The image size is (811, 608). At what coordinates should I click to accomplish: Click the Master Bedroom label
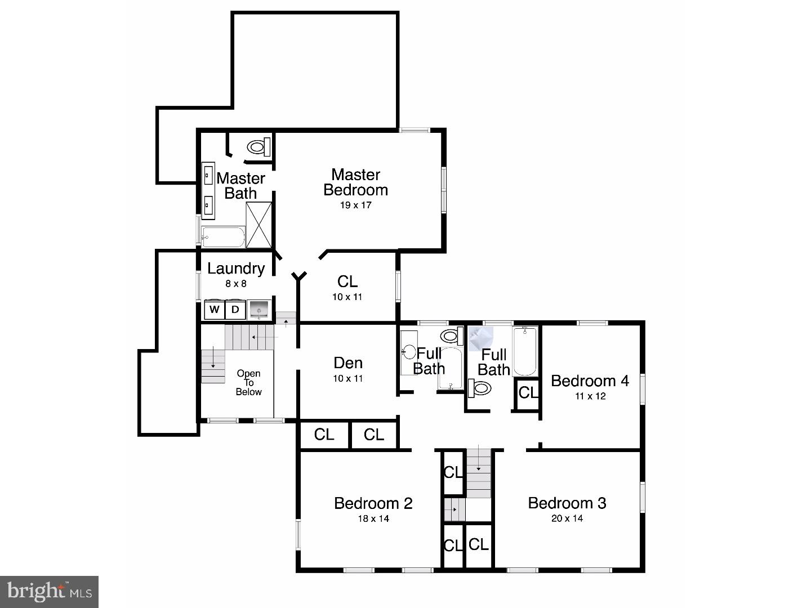[355, 182]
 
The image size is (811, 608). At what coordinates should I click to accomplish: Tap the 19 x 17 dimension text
[355, 205]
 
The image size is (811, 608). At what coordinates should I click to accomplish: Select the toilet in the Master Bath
[258, 147]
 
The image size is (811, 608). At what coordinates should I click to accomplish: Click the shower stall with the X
[259, 225]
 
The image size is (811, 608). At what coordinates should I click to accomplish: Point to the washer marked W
[215, 310]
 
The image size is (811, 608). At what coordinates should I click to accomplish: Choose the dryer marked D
[235, 310]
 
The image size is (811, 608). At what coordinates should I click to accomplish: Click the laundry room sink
[259, 309]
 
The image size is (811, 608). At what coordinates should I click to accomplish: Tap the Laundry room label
[236, 269]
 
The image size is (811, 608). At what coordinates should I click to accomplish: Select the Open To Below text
[248, 382]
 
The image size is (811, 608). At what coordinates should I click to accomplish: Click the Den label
[348, 363]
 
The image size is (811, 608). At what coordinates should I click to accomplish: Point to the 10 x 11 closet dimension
[347, 297]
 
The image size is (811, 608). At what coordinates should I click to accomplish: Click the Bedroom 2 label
[373, 503]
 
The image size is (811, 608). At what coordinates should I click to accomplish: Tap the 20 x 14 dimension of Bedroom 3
[567, 518]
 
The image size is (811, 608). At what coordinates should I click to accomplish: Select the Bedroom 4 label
[590, 381]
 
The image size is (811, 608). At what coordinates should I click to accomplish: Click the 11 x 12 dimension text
[590, 396]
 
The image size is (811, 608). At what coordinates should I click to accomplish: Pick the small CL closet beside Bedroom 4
[528, 392]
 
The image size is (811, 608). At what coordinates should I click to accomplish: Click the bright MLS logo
[50, 592]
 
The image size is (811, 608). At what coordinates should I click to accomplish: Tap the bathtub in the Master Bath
[224, 238]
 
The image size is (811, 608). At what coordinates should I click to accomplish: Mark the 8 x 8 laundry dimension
[235, 284]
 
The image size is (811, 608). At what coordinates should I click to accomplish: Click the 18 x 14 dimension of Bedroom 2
[373, 518]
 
